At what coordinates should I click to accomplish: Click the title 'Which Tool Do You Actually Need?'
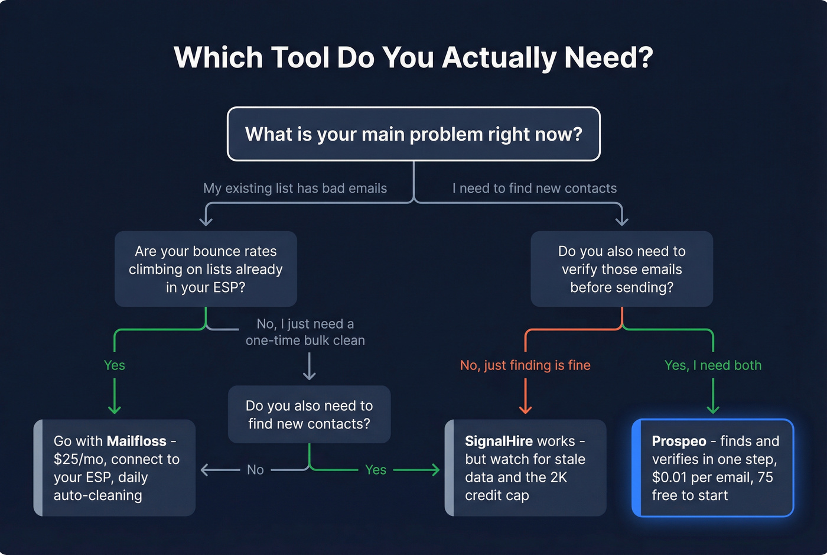tap(413, 58)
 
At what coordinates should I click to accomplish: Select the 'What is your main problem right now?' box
tap(413, 134)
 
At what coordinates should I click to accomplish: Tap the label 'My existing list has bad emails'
tap(295, 189)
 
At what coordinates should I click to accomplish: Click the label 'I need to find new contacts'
tap(534, 189)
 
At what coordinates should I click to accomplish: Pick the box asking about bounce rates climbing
tap(206, 269)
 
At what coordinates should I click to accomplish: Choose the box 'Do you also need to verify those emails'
tap(621, 269)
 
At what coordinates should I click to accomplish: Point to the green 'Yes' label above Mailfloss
tap(114, 365)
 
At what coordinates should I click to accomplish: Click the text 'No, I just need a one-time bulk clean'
tap(305, 332)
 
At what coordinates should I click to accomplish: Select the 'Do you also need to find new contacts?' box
tap(309, 414)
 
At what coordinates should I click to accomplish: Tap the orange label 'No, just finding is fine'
tap(525, 365)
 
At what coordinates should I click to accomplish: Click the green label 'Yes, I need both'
tap(713, 365)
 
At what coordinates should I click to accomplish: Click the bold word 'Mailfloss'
tap(136, 442)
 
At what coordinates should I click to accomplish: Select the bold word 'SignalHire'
tap(499, 442)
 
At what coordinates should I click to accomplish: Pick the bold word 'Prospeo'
tap(679, 442)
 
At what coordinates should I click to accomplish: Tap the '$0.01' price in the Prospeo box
tap(669, 478)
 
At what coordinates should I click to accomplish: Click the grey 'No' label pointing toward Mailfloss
tap(255, 470)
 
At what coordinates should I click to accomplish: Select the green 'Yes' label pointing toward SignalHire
tap(376, 470)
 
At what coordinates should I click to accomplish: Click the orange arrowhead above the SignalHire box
tap(525, 409)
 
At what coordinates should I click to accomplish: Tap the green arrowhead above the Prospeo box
tap(713, 409)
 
